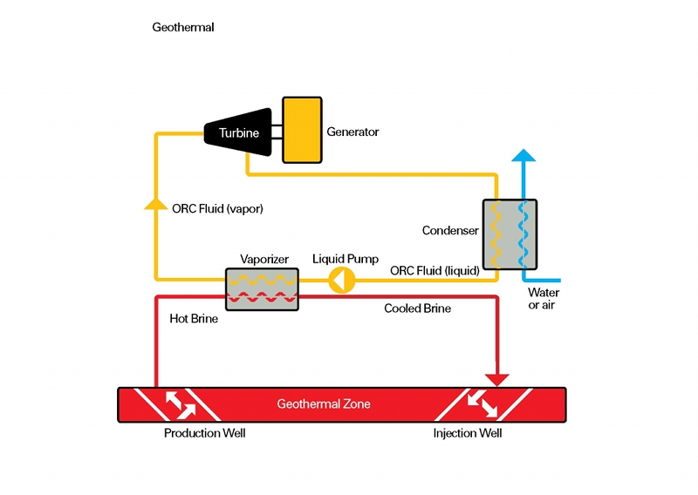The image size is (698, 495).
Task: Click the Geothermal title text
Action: tap(183, 28)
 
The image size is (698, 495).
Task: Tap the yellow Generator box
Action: tap(301, 130)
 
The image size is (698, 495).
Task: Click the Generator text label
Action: tap(352, 132)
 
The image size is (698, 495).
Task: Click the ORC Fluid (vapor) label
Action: tap(217, 209)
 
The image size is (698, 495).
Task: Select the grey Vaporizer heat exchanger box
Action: tap(262, 288)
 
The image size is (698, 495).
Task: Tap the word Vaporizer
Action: tap(263, 260)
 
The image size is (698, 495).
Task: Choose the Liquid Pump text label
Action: tap(346, 259)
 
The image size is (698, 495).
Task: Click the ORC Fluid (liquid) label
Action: tap(435, 271)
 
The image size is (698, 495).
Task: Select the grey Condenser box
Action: tap(510, 234)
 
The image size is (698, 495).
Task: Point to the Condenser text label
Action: tap(450, 231)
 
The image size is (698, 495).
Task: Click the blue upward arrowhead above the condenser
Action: tap(523, 157)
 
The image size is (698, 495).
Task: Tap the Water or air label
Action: tap(544, 299)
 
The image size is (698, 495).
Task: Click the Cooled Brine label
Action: tap(418, 309)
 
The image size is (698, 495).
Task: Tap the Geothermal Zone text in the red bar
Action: tap(324, 404)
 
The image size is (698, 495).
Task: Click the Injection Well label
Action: tap(468, 433)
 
